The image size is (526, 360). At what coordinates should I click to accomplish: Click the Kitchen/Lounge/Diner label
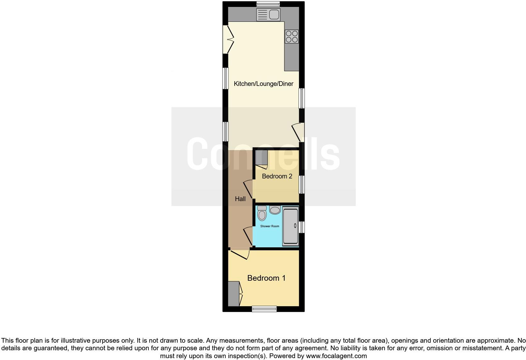(x=263, y=84)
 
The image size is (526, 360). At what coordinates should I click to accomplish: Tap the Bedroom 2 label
(x=277, y=176)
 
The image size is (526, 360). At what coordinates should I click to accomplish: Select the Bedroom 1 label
(x=266, y=278)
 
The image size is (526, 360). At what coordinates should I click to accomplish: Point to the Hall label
(x=240, y=199)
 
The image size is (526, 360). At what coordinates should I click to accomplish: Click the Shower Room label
(x=270, y=226)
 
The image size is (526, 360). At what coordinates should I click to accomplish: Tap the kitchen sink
(x=268, y=14)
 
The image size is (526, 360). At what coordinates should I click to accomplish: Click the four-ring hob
(x=292, y=36)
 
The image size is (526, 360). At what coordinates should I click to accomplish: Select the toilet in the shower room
(x=262, y=213)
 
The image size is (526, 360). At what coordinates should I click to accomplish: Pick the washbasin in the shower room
(x=275, y=210)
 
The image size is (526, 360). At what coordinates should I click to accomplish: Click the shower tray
(x=290, y=226)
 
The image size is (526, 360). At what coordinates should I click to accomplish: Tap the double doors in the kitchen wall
(x=228, y=39)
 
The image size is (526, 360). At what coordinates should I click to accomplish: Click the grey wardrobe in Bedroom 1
(x=233, y=294)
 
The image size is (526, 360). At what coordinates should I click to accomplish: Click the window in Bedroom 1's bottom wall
(x=264, y=309)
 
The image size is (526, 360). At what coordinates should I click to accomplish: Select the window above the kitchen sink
(x=268, y=4)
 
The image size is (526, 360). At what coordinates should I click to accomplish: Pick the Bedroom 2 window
(x=302, y=184)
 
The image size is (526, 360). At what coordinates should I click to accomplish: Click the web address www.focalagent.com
(x=336, y=356)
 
